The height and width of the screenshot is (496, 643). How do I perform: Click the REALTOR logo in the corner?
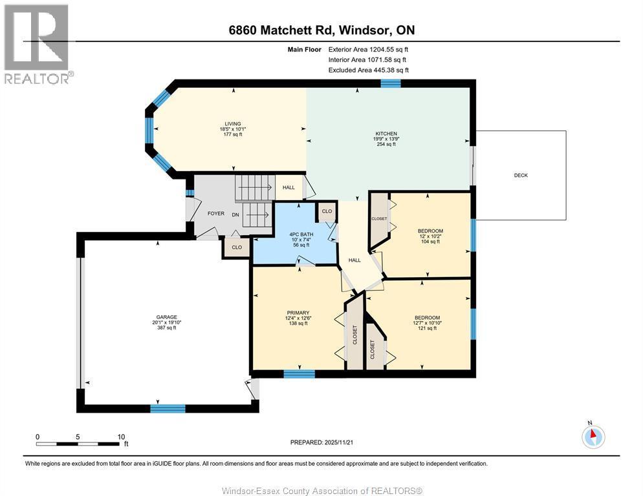click(37, 43)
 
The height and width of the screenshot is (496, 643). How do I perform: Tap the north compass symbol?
click(593, 437)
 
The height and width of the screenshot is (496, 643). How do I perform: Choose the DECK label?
click(521, 175)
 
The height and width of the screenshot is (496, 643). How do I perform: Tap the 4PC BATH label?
click(299, 234)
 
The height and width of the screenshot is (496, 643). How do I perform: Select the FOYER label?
click(215, 213)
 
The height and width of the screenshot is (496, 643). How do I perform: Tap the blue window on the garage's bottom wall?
click(168, 408)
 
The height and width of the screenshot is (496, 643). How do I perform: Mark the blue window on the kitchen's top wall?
click(390, 83)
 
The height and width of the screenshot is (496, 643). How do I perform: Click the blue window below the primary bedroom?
click(299, 373)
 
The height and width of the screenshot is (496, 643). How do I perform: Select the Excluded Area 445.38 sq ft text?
click(368, 70)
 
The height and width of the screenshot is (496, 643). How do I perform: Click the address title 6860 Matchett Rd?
click(321, 30)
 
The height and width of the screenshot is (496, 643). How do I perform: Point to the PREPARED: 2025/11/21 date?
click(321, 442)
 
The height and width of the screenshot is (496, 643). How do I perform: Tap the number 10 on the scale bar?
click(121, 437)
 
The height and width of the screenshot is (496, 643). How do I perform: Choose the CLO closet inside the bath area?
click(327, 211)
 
